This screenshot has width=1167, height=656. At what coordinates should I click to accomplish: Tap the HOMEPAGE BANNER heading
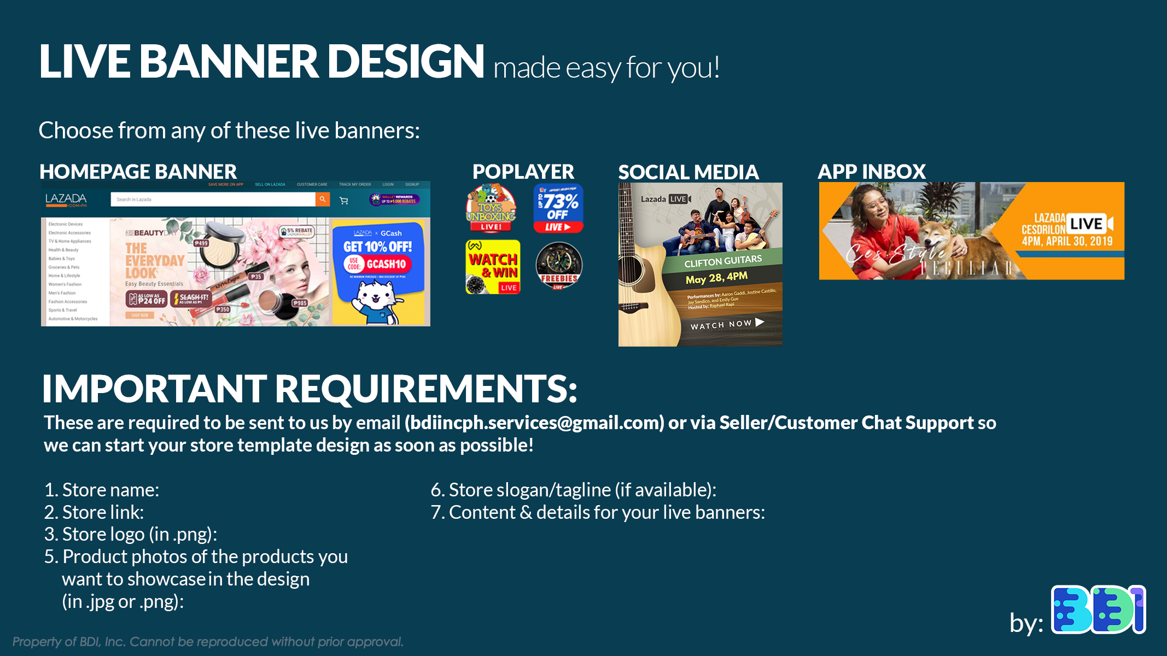click(138, 172)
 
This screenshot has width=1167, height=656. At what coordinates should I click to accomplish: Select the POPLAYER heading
click(523, 172)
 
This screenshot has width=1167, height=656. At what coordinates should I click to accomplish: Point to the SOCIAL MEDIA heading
click(688, 172)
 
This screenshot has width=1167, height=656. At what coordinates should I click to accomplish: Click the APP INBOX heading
click(871, 172)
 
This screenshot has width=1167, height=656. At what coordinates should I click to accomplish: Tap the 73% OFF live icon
click(558, 208)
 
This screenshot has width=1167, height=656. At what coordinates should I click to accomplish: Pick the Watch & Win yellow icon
click(493, 267)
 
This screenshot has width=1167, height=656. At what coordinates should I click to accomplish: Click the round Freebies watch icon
click(558, 266)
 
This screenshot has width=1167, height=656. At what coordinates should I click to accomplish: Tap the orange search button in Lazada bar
click(323, 200)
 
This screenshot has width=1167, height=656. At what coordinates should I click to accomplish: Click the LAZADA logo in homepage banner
click(66, 199)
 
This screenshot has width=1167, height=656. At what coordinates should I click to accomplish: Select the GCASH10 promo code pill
click(386, 265)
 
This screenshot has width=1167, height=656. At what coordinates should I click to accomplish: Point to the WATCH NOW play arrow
click(759, 322)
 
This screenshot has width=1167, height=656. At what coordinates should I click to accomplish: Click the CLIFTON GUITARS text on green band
click(722, 261)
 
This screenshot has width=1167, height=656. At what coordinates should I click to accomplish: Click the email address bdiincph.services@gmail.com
click(534, 423)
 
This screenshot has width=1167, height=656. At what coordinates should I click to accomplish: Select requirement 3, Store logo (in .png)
click(131, 534)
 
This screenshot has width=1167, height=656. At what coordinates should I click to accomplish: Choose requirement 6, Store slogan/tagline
click(573, 490)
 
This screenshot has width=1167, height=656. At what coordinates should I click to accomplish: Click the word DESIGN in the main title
click(405, 61)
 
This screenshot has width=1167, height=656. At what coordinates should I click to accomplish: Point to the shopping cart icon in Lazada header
click(344, 201)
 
